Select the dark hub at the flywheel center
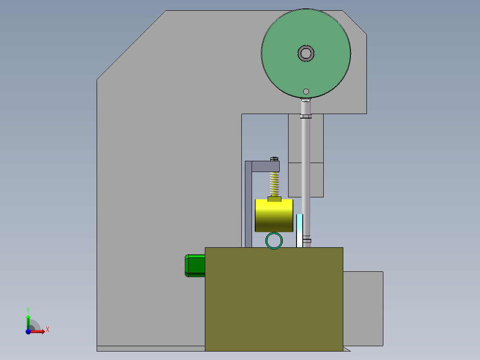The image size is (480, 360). [x=306, y=53]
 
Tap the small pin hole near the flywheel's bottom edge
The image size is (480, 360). [x=306, y=91]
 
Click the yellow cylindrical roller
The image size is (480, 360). [x=274, y=216]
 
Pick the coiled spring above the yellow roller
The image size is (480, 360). [x=275, y=184]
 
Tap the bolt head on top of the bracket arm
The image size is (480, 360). [x=274, y=158]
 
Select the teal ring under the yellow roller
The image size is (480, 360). [x=274, y=241]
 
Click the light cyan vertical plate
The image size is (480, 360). [x=300, y=229]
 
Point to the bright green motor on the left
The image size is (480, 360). [x=195, y=265]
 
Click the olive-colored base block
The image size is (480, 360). [x=274, y=299]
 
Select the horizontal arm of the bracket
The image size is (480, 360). [x=265, y=166]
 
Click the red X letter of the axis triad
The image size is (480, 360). [x=47, y=329]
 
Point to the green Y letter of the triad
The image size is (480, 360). [x=28, y=309]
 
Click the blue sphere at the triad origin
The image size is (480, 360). [x=28, y=331]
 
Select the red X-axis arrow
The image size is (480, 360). [x=38, y=331]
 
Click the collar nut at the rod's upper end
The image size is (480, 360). [x=305, y=117]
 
